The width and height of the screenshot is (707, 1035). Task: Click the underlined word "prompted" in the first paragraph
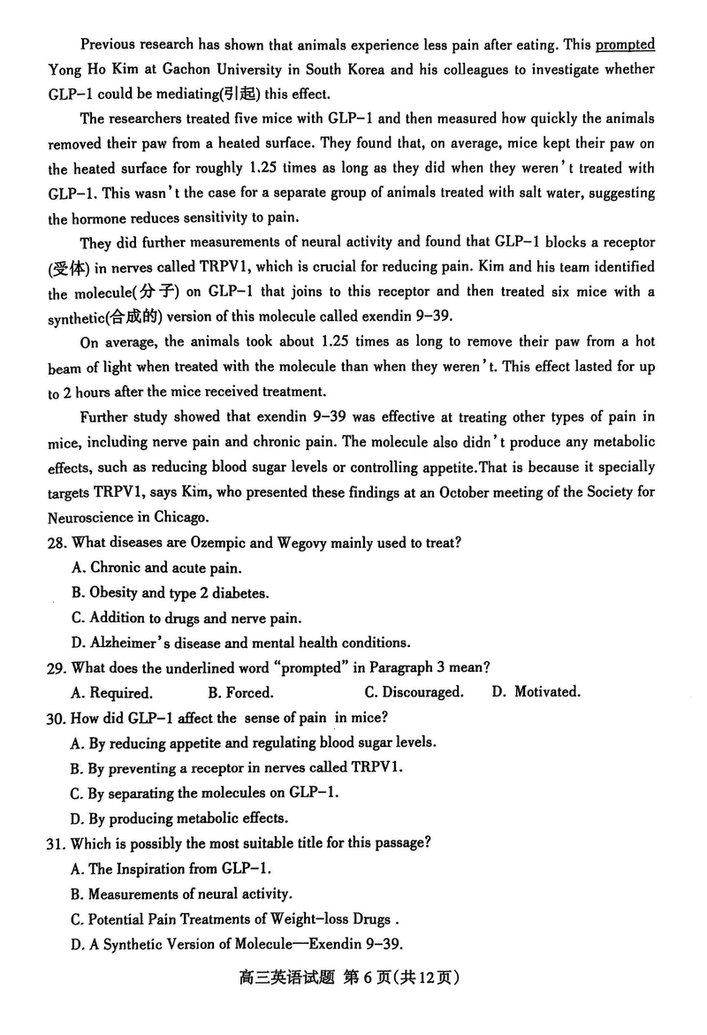coord(626,44)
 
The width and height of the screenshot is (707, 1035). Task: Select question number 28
coord(58,542)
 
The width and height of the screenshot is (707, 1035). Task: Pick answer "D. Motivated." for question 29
coord(536,692)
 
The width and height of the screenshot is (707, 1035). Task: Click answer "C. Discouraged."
coord(414,692)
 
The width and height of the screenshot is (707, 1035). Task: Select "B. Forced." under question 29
coord(240,692)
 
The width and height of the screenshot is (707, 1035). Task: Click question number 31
coord(58,843)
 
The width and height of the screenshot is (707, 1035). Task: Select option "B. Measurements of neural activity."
coord(181,894)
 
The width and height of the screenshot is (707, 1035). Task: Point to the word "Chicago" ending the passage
coord(179,516)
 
